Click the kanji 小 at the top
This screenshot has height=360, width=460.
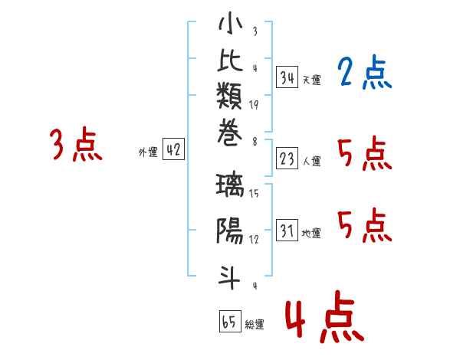230,23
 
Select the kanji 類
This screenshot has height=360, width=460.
229,95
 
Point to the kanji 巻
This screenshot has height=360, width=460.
229,133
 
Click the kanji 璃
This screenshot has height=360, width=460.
230,185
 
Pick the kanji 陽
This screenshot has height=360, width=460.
230,231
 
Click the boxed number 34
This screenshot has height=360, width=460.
287,77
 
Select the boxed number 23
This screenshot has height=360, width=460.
287,159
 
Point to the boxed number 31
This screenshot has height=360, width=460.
287,230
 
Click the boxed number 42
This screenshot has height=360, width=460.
173,149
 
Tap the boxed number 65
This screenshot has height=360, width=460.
230,321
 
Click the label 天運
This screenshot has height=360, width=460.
312,80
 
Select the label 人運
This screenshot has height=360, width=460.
312,161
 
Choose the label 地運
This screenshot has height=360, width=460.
311,234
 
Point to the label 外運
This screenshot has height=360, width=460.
148,152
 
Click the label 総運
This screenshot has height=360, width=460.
255,324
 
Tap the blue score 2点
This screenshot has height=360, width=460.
365,72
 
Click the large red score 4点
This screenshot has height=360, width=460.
325,316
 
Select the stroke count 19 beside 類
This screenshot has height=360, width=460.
254,105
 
